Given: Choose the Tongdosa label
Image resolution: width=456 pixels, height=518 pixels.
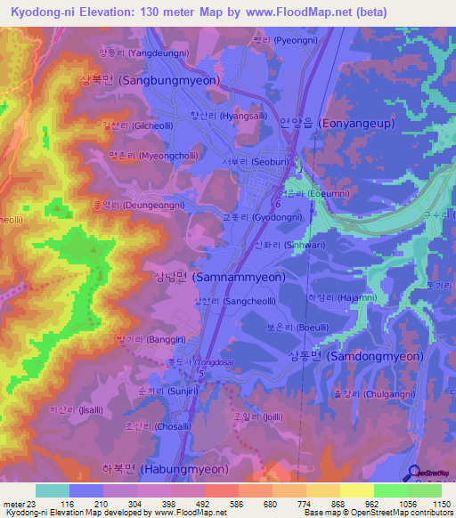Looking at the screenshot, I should [196, 362].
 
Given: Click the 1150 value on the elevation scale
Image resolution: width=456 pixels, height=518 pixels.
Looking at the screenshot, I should [440, 504].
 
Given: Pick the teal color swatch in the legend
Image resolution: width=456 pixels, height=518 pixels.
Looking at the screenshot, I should [53, 490].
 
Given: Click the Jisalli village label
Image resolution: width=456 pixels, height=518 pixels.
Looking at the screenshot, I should [70, 409].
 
